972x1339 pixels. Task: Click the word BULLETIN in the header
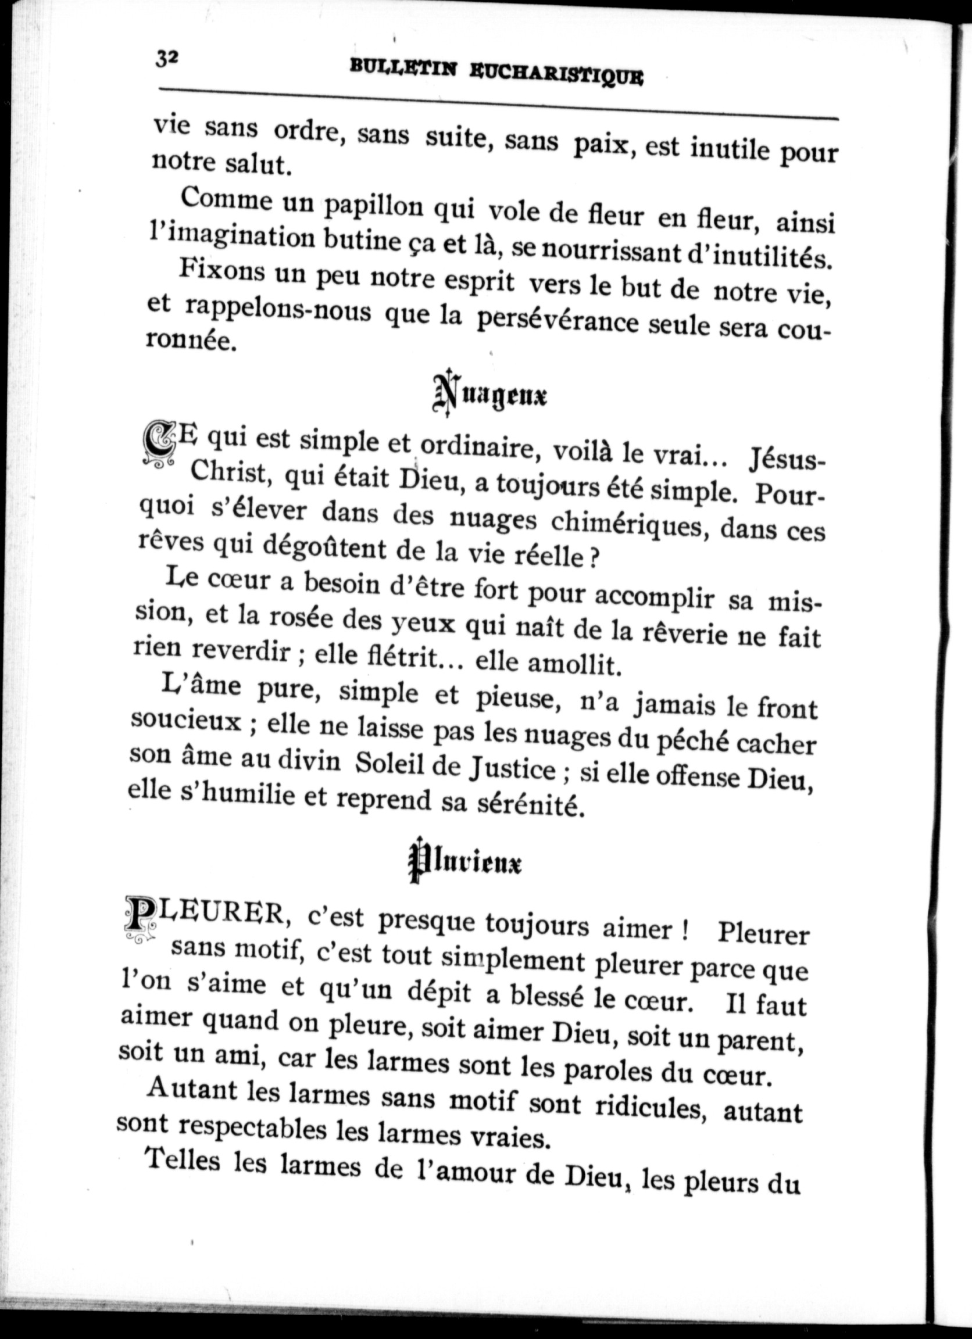click(403, 68)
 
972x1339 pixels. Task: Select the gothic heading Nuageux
click(489, 394)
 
